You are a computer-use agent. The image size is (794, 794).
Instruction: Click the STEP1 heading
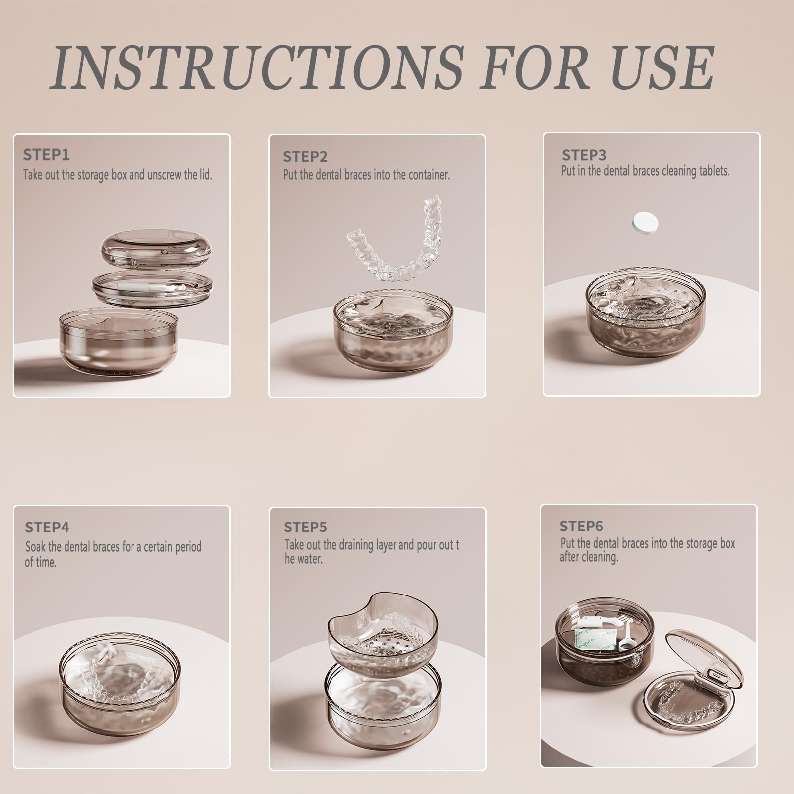point(46,155)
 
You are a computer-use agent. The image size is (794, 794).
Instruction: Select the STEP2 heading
point(305,157)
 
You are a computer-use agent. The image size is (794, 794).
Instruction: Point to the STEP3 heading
point(584,155)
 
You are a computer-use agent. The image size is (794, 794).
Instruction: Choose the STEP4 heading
point(47,527)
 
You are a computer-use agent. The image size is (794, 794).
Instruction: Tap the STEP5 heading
point(305,527)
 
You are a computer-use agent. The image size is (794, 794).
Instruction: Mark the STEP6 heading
point(582,526)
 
